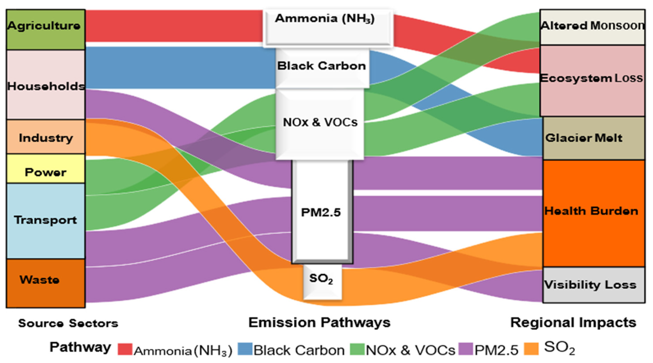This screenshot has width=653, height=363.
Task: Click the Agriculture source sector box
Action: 46,29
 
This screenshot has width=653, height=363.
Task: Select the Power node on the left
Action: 46,169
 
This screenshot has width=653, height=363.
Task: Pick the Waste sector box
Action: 46,283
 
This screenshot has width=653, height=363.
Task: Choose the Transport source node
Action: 46,220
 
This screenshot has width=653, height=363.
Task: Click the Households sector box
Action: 46,85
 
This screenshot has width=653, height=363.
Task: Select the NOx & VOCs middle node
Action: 320,124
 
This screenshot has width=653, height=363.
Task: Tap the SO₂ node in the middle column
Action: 322,281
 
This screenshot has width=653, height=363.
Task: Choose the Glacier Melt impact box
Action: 593,138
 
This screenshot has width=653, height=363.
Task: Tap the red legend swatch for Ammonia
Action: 125,349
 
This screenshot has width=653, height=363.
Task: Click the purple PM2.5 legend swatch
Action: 466,349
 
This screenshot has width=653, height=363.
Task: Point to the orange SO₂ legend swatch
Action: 531,349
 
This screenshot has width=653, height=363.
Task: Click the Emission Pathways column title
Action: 319,323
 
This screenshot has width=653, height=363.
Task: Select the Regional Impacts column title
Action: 573,323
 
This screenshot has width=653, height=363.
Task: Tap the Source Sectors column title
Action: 68,323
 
